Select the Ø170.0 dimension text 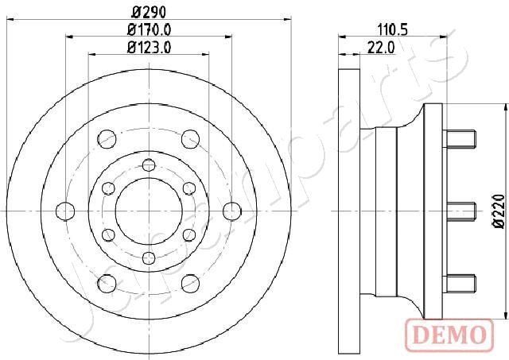point(149,30)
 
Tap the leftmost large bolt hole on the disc point(66,211)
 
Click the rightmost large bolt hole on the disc point(231,211)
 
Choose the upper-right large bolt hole point(189,140)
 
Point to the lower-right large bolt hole point(189,281)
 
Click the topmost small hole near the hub point(148,165)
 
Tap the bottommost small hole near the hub point(148,257)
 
